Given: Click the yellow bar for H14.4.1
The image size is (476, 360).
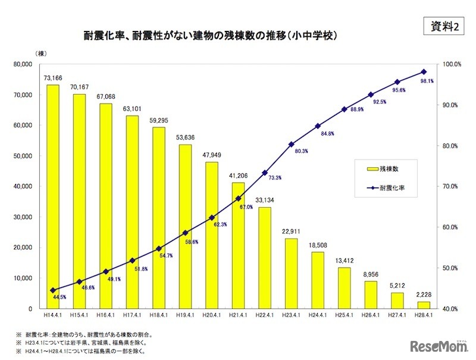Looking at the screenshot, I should coord(53,196).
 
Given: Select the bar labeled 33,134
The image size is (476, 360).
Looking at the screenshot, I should coord(264,258).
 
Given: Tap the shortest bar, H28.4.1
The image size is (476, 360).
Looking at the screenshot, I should coord(423,305).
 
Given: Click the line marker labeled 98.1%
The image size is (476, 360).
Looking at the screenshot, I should coord(423,71).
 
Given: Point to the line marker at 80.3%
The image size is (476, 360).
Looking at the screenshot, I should coord(291,144).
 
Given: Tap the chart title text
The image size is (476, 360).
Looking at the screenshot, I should coord(211,36).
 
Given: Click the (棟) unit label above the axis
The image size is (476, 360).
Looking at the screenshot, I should coord(40,54).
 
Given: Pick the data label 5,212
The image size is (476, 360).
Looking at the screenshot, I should coord(397,286).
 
